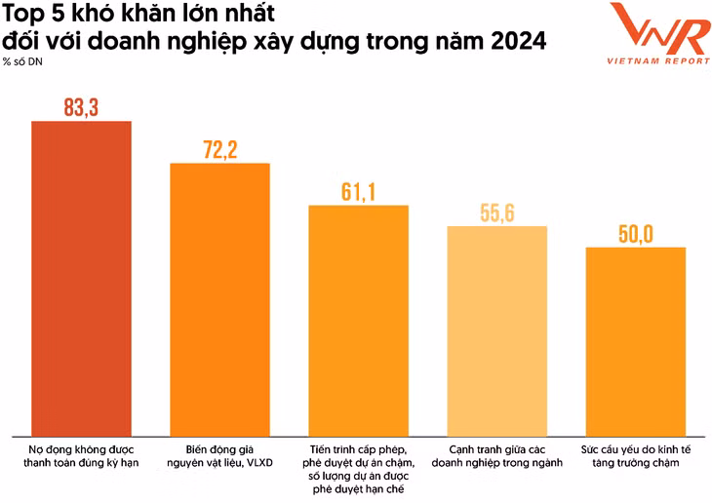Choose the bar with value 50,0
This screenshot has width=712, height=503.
pos(635,341)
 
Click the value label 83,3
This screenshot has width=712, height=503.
pos(81,108)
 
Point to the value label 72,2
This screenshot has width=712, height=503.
pos(219,150)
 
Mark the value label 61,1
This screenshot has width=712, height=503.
pos(358,192)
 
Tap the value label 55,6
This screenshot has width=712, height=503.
pos(496,213)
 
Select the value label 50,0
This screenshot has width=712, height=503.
pos(635,234)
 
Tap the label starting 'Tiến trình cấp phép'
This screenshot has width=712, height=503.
pos(358,467)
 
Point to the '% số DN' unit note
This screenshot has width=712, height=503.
pos(21,62)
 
